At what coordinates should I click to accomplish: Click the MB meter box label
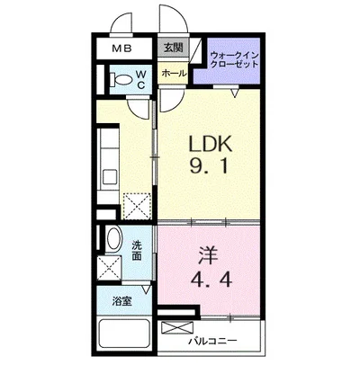coord(122,49)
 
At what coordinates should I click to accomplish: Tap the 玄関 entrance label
coord(174,48)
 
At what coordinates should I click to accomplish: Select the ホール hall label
coord(174,73)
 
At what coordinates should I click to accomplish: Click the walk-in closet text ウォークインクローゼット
coord(234,59)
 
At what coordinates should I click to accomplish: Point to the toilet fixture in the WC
coord(121,80)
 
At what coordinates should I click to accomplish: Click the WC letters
coord(141,79)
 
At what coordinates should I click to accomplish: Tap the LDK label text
coord(210,144)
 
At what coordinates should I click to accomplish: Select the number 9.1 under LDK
coord(210,165)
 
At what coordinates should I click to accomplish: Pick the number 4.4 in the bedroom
coord(211,280)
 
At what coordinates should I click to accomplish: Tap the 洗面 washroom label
coord(137,251)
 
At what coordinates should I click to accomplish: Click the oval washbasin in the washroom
coord(114,239)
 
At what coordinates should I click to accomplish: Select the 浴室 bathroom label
coord(122,301)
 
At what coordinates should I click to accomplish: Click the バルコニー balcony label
coord(212,341)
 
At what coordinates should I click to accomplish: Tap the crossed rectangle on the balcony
coord(177,327)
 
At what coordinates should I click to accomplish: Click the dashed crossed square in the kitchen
coord(137,207)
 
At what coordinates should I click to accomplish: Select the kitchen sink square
coord(110,177)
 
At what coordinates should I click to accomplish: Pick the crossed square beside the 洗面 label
coord(109,268)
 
